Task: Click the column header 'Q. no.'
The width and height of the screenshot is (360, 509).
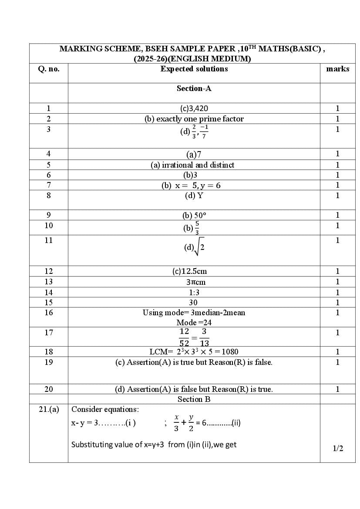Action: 49,69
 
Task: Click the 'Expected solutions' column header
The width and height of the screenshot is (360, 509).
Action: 194,69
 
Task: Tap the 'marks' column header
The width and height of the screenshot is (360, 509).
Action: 337,69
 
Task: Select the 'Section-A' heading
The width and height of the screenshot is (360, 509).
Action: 194,88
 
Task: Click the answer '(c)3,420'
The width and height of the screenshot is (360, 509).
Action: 194,108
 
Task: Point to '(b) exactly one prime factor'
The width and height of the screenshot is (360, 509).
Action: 194,119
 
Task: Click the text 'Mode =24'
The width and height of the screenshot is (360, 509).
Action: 194,323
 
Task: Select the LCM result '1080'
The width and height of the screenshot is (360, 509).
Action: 229,352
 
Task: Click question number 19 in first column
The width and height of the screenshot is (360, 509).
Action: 49,362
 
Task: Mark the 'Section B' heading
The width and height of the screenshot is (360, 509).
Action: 194,399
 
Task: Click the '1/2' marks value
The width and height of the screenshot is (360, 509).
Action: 338,448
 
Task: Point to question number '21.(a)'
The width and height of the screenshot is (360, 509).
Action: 49,409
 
